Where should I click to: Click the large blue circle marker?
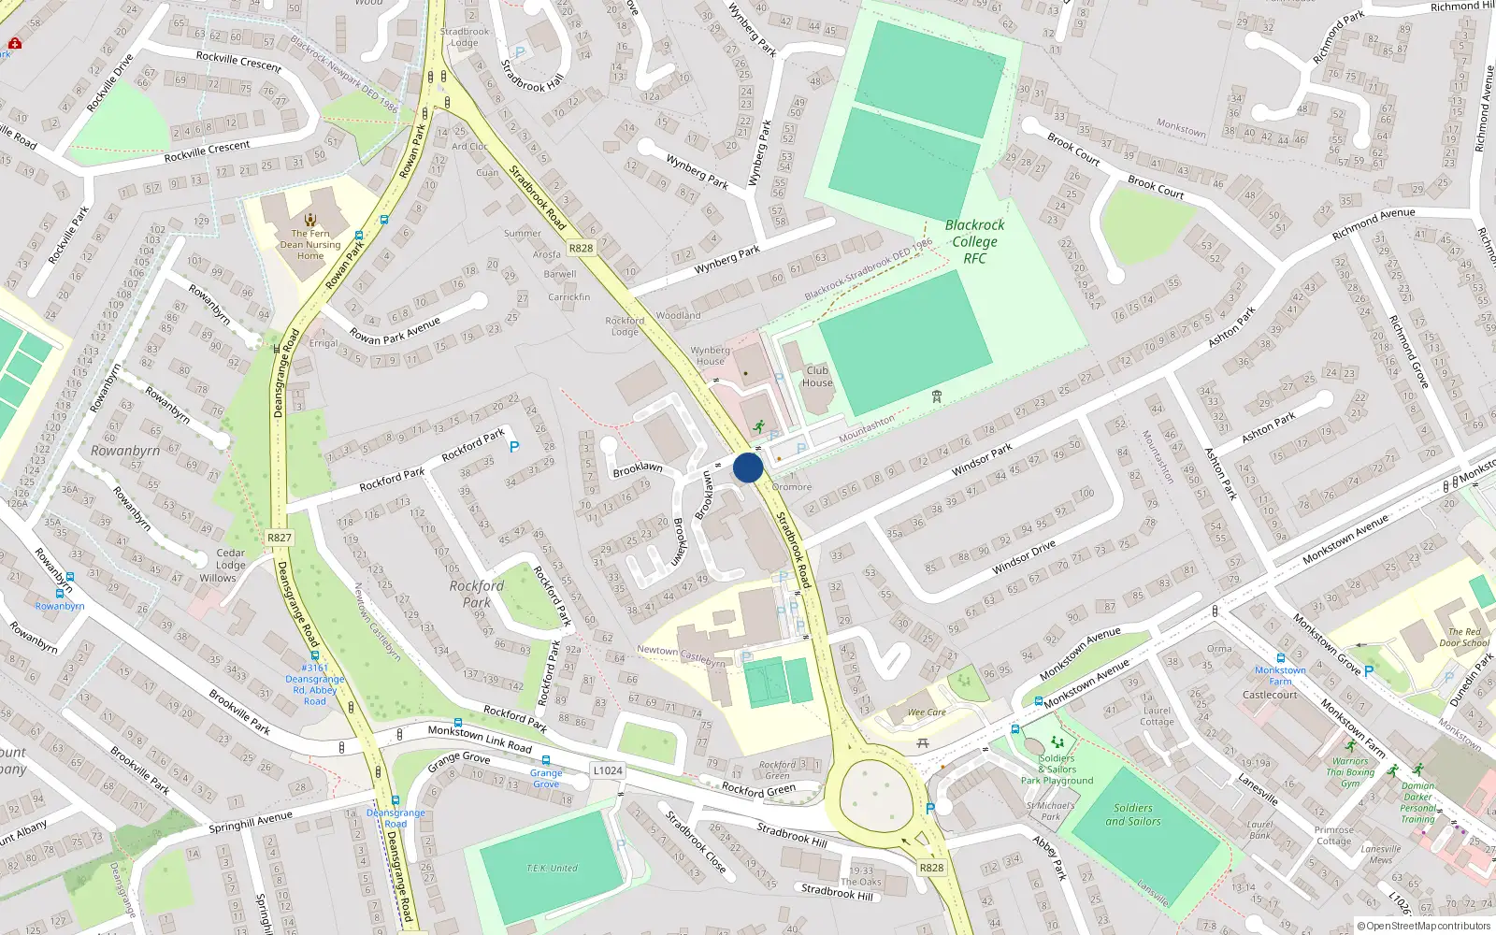pyautogui.click(x=748, y=467)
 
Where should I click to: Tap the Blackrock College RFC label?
pyautogui.click(x=974, y=241)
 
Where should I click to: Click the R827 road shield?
pyautogui.click(x=279, y=538)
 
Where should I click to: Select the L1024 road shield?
pyautogui.click(x=607, y=770)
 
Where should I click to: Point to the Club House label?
pyautogui.click(x=817, y=376)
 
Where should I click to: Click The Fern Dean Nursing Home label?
pyautogui.click(x=310, y=245)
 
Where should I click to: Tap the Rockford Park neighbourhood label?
pyautogui.click(x=477, y=594)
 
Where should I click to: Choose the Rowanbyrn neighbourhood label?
pyautogui.click(x=125, y=451)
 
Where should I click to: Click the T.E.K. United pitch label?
pyautogui.click(x=552, y=869)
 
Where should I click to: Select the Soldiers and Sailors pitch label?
pyautogui.click(x=1133, y=814)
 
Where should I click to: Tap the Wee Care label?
pyautogui.click(x=927, y=712)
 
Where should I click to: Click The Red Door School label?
pyautogui.click(x=1464, y=638)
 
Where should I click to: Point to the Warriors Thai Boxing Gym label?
pyautogui.click(x=1350, y=772)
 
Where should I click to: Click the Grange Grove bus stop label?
pyautogui.click(x=546, y=778)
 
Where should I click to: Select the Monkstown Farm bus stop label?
pyautogui.click(x=1280, y=675)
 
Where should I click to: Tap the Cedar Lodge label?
pyautogui.click(x=231, y=559)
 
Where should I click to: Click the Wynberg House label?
pyautogui.click(x=711, y=355)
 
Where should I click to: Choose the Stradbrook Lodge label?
pyautogui.click(x=465, y=37)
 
